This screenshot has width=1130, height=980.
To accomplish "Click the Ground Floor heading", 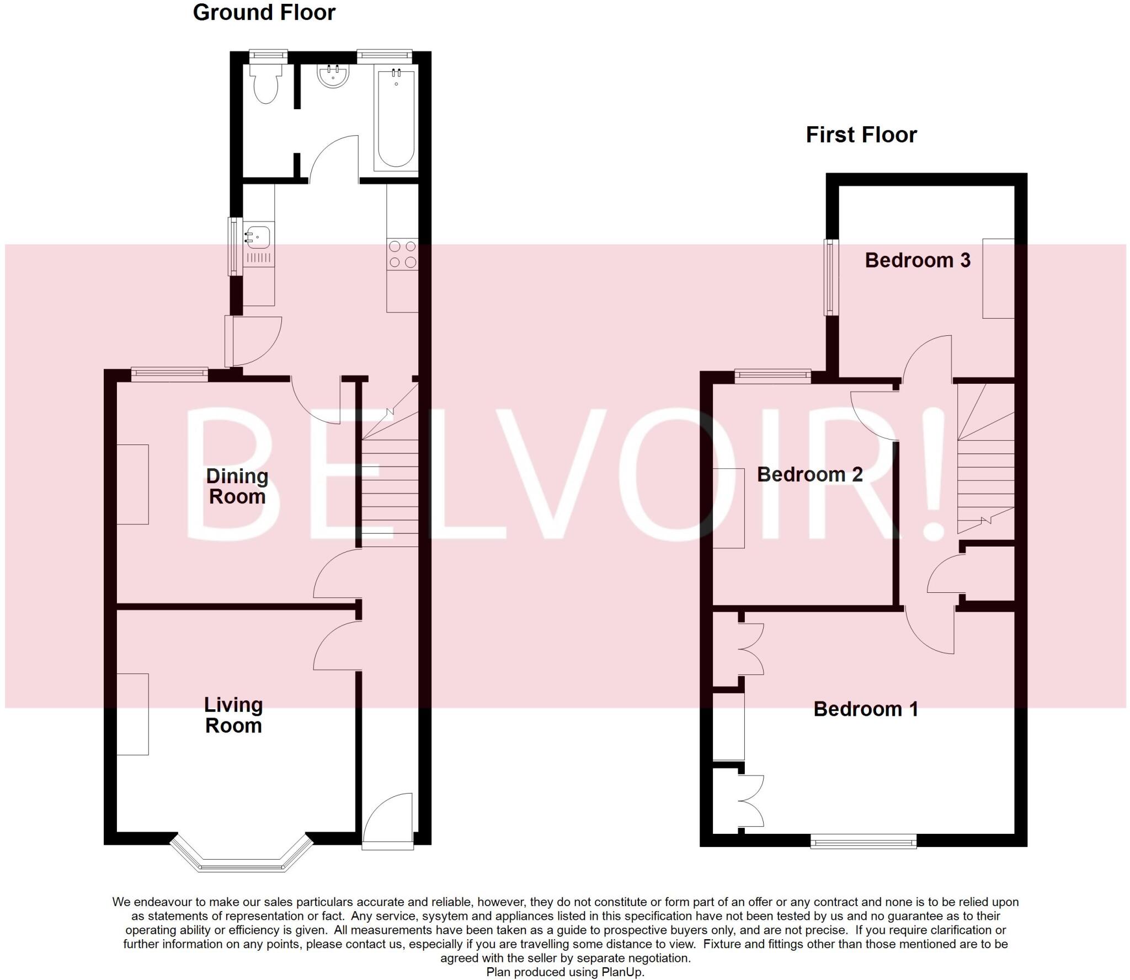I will pyautogui.click(x=264, y=13).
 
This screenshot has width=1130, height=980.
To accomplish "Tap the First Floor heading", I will pyautogui.click(x=861, y=135).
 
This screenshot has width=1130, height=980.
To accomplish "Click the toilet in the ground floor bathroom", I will pyautogui.click(x=266, y=85).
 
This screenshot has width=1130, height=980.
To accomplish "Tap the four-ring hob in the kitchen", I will pyautogui.click(x=402, y=254).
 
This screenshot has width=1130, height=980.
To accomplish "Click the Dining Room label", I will pyautogui.click(x=237, y=486).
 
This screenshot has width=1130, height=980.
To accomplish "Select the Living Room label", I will pyautogui.click(x=233, y=715).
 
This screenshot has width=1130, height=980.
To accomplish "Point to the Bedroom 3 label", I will pyautogui.click(x=917, y=260).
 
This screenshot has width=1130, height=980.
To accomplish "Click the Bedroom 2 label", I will pyautogui.click(x=809, y=475).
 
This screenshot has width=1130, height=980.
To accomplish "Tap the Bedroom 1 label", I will pyautogui.click(x=866, y=709).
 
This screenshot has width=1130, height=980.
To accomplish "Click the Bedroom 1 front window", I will pyautogui.click(x=864, y=841).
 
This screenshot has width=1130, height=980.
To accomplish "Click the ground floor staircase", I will pyautogui.click(x=390, y=485).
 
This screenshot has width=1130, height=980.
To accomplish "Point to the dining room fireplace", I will pyautogui.click(x=133, y=484).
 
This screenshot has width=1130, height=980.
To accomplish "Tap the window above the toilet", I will pyautogui.click(x=268, y=55).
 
